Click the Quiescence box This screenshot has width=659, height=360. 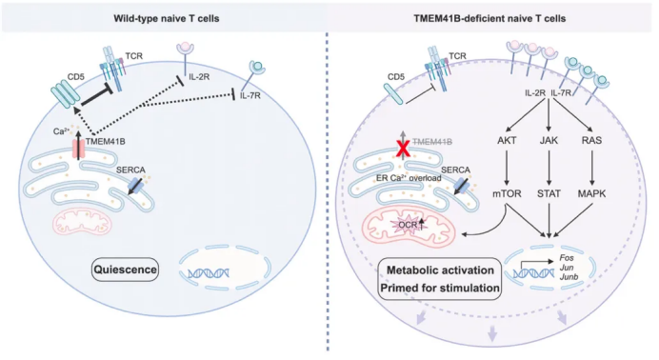point(126,270)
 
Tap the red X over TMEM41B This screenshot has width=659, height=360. point(403,150)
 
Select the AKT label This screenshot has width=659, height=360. point(507,140)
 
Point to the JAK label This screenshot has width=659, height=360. point(549,140)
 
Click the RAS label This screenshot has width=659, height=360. point(591,140)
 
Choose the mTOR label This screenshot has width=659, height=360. point(507,193)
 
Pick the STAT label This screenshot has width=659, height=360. point(549,193)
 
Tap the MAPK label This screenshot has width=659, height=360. point(591,193)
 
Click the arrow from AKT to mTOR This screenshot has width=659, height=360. point(507,168)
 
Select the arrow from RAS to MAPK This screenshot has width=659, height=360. point(591,168)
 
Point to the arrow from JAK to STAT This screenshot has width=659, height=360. point(549,168)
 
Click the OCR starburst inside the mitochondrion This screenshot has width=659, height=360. point(409,225)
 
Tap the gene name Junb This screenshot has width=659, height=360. point(569,276)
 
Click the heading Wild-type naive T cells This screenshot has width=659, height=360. point(167,18)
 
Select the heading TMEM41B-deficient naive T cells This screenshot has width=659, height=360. point(489,18)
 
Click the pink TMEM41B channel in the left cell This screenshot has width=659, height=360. point(79,150)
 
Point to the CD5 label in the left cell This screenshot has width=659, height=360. point(75,77)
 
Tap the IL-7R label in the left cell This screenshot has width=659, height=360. point(250,96)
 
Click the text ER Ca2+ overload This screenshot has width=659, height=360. point(409,178)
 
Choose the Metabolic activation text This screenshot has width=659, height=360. point(441,270)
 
